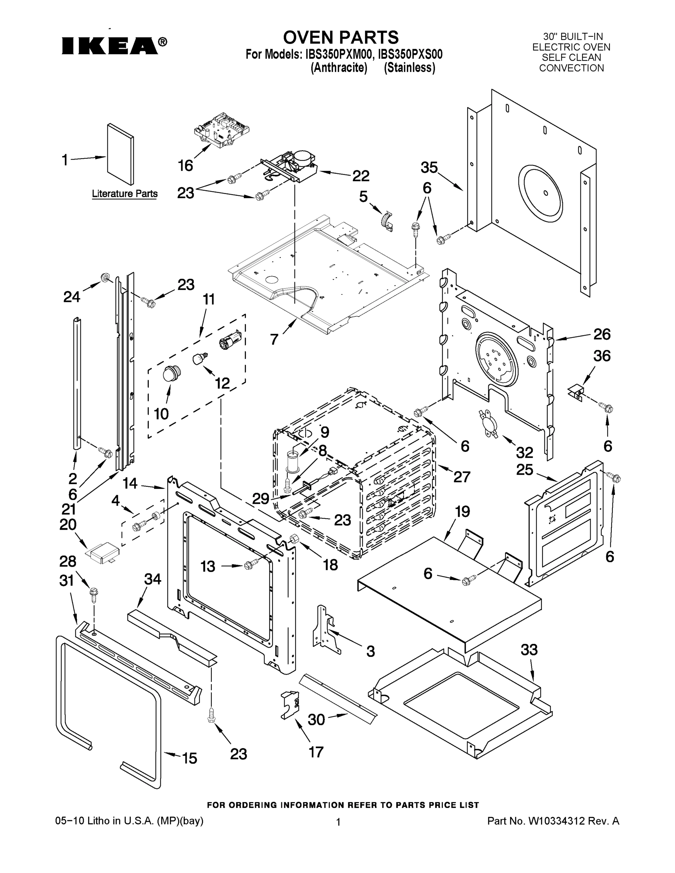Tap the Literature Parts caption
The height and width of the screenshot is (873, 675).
[124, 194]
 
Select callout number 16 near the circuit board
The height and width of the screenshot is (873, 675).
[186, 165]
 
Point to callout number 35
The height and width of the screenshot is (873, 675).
[429, 167]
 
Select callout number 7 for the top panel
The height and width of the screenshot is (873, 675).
[274, 339]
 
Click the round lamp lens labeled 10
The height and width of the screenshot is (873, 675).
[171, 373]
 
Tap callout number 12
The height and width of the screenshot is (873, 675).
[222, 383]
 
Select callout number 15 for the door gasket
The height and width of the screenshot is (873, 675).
[190, 758]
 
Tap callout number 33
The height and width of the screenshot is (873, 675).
[529, 650]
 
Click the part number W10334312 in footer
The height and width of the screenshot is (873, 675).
[557, 821]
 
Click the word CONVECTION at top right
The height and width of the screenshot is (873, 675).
[571, 68]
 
